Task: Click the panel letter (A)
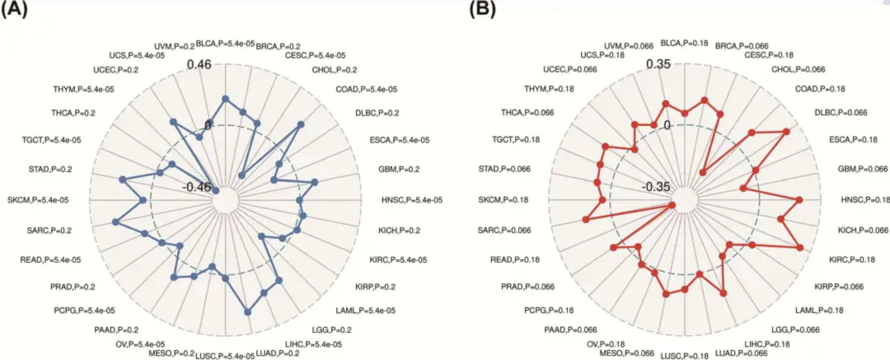pyautogui.click(x=14, y=9)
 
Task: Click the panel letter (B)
pyautogui.click(x=482, y=9)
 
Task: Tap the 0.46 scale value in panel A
pyautogui.click(x=199, y=64)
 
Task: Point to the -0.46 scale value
pyautogui.click(x=197, y=187)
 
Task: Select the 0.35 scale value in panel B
pyautogui.click(x=658, y=64)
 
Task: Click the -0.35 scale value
pyautogui.click(x=656, y=186)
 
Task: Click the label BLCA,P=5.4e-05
pyautogui.click(x=225, y=43)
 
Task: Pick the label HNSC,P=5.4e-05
pyautogui.click(x=411, y=200)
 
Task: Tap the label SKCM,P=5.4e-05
pyautogui.click(x=38, y=200)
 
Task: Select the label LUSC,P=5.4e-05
pyautogui.click(x=225, y=356)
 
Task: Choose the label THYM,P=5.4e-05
pyautogui.click(x=84, y=89)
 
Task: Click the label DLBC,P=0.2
pyautogui.click(x=377, y=113)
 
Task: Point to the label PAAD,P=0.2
pyautogui.click(x=116, y=330)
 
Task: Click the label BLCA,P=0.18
pyautogui.click(x=684, y=43)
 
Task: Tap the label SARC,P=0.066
pyautogui.click(x=504, y=230)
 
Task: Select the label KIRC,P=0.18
pyautogui.click(x=852, y=259)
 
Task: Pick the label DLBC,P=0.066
pyautogui.click(x=841, y=113)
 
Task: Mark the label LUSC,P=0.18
pyautogui.click(x=684, y=356)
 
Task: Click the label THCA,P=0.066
pyautogui.click(x=527, y=113)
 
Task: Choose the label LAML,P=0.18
pyautogui.click(x=819, y=311)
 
